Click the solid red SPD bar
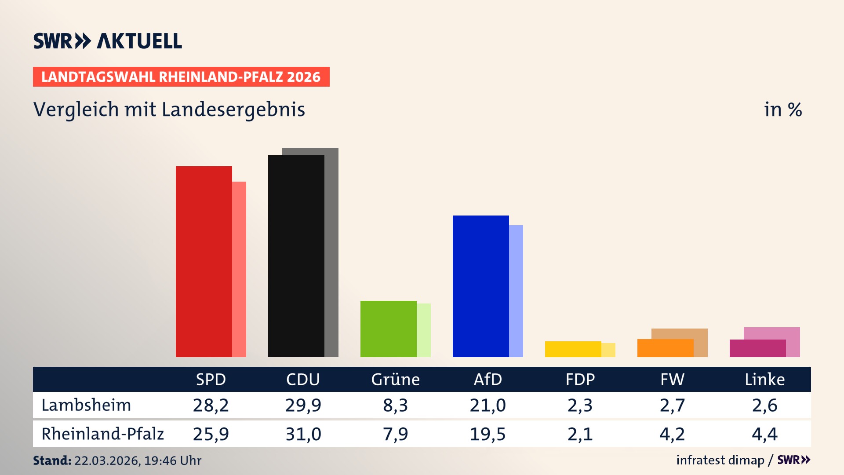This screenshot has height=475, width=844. click(204, 262)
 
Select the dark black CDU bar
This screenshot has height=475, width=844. click(296, 256)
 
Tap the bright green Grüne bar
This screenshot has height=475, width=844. click(388, 329)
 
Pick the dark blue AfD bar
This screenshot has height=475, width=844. click(480, 286)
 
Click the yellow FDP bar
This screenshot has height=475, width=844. click(573, 349)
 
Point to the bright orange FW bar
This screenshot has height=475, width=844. click(665, 348)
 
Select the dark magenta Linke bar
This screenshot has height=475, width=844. click(757, 348)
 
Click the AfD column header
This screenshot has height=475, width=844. click(487, 380)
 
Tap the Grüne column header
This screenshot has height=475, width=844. click(395, 380)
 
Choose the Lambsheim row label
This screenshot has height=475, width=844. click(86, 405)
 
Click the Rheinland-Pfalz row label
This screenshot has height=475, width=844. click(102, 434)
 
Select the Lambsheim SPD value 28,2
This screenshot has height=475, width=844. click(211, 405)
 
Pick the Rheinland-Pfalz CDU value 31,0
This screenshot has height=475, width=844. click(303, 434)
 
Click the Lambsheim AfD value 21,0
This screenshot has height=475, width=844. click(487, 405)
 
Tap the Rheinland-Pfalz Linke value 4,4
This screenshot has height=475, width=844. click(764, 434)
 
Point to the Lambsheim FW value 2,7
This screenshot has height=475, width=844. click(672, 405)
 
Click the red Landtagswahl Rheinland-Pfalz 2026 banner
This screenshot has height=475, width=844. click(181, 77)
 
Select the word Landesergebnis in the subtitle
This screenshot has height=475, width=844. click(233, 110)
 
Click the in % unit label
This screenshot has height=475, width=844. click(782, 110)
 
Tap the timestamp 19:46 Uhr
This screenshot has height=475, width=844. click(172, 460)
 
